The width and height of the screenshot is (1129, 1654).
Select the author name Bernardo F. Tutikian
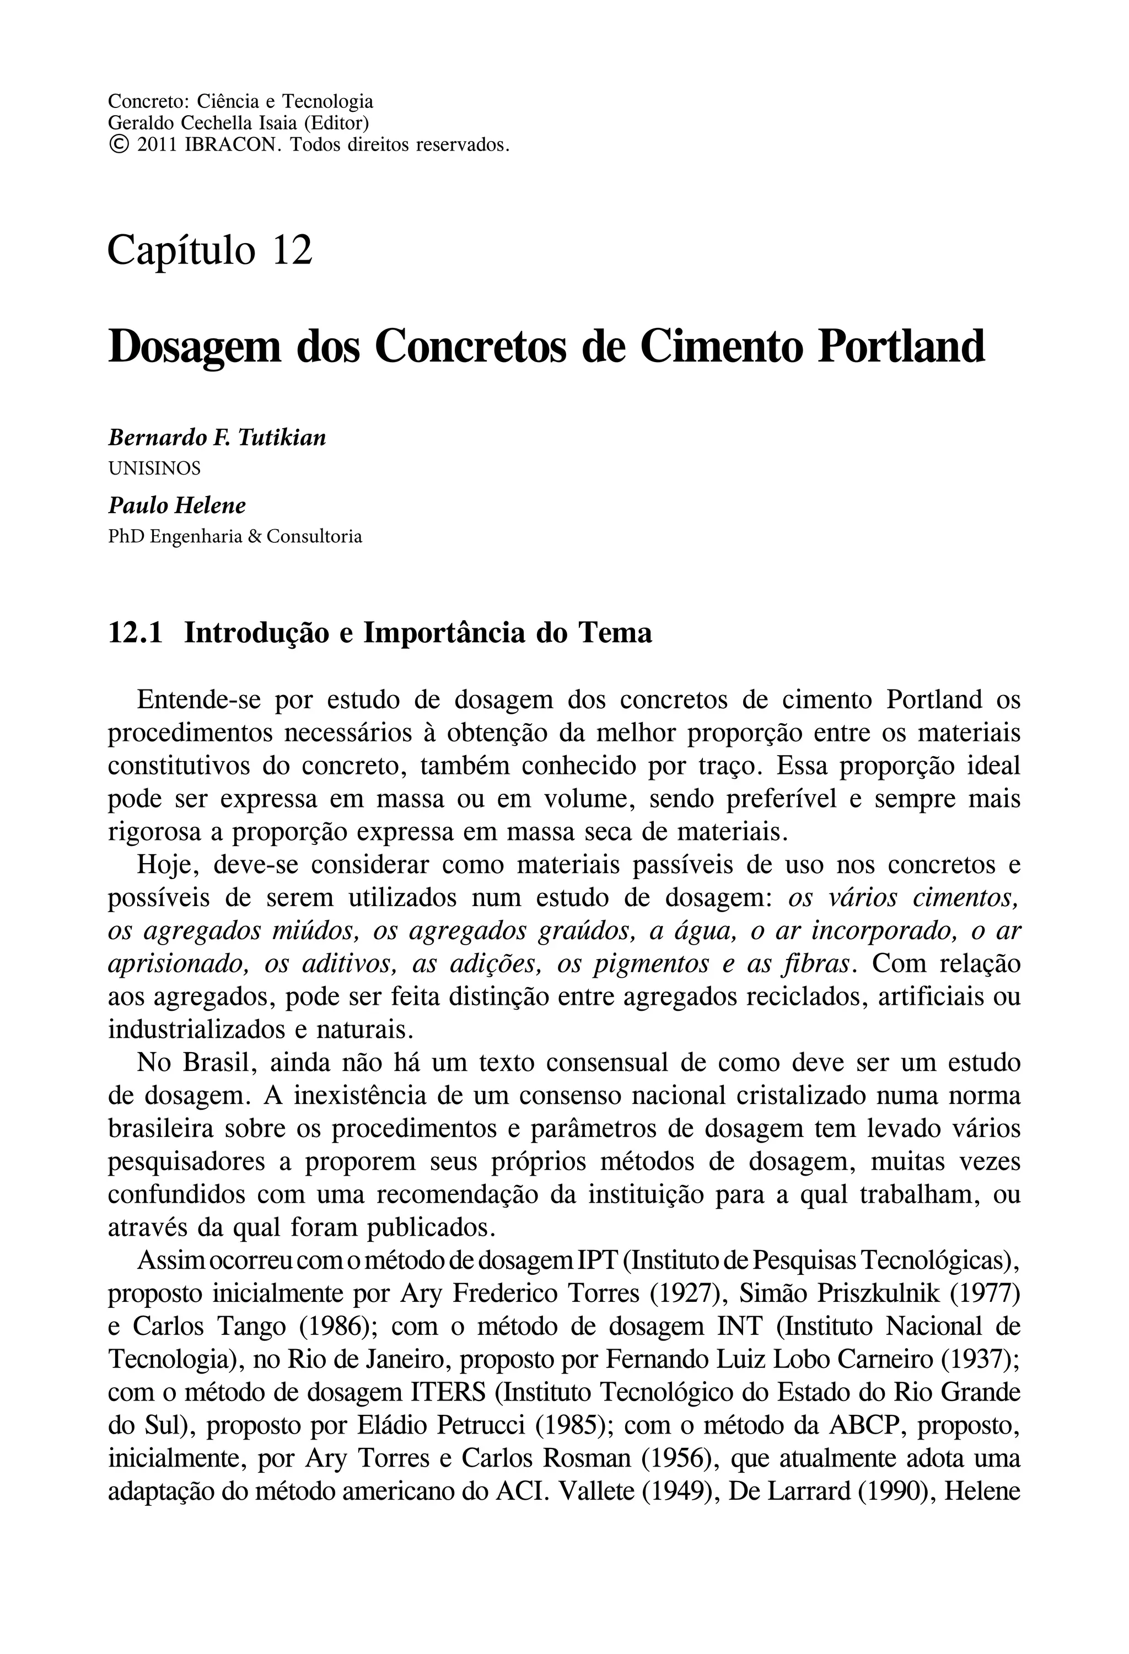[x=217, y=438]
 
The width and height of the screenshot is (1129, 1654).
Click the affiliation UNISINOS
[x=154, y=468]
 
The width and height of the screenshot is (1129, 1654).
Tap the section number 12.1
[x=135, y=632]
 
